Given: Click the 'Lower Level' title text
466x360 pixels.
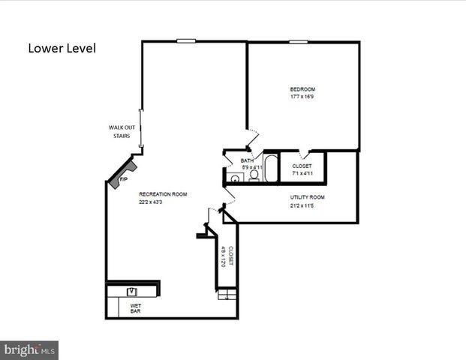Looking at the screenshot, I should click(62, 49).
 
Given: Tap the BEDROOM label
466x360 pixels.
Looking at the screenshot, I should click(302, 89).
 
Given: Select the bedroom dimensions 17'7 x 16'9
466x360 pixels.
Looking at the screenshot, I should click(302, 97).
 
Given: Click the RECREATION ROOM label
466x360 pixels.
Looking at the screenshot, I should click(162, 194).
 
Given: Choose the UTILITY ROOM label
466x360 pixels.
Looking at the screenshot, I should click(308, 197).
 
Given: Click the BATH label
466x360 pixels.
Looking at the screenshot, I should click(247, 160).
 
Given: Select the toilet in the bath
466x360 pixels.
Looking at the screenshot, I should click(254, 175).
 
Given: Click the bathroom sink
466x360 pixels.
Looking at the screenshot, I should click(235, 178).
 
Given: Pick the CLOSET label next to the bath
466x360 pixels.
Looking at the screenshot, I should click(302, 166).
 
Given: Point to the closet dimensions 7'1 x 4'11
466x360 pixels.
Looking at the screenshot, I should click(302, 173).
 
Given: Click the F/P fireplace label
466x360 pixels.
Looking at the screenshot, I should click(123, 181).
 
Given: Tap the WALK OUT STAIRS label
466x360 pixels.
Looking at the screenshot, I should click(121, 132).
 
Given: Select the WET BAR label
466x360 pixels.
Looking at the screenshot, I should click(136, 307).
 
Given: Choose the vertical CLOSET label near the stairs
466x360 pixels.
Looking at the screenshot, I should click(227, 256).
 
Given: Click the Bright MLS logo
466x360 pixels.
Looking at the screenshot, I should click(29, 350).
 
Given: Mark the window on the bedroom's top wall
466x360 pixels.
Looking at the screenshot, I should click(298, 41).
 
